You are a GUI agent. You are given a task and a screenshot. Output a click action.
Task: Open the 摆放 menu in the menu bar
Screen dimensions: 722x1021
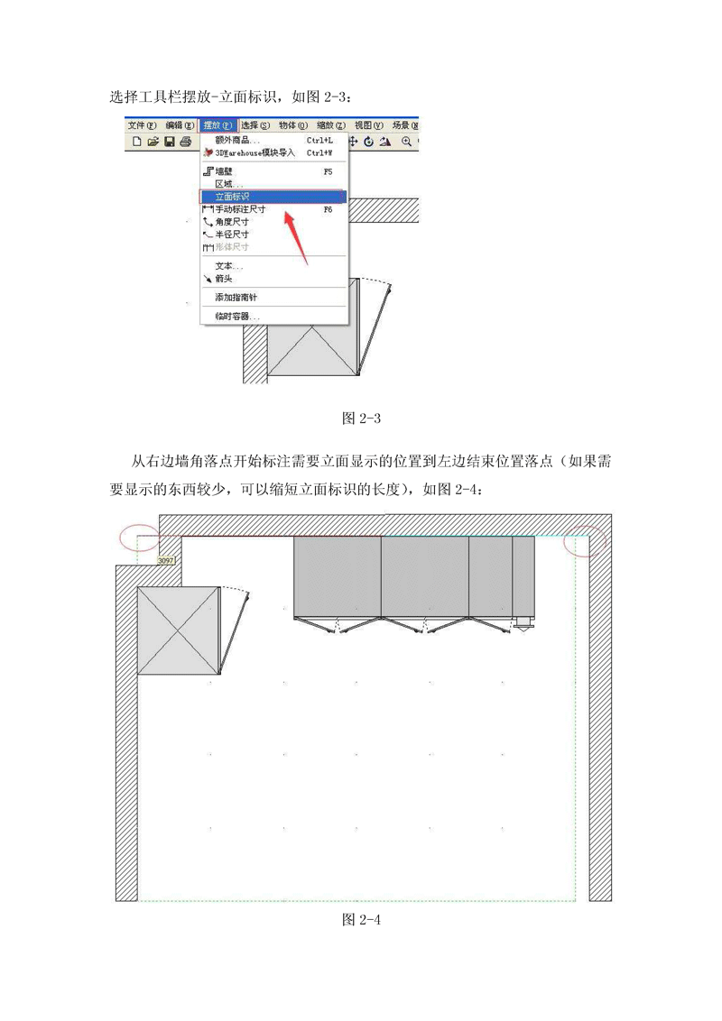218,125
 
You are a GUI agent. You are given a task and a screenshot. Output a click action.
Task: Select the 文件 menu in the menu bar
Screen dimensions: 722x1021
142,125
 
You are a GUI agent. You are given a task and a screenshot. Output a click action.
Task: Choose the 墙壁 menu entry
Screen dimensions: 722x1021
224,171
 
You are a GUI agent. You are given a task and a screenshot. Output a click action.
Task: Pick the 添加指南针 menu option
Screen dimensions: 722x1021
236,297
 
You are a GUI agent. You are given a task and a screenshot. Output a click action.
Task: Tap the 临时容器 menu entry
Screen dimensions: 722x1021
237,317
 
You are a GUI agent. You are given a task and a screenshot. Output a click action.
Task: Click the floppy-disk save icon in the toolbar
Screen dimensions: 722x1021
170,142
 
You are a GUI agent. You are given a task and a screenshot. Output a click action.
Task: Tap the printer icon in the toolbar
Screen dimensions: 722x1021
185,142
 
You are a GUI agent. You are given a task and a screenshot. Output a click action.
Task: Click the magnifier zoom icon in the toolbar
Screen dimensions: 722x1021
407,142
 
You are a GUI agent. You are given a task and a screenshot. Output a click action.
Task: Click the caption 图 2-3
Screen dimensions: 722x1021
361,418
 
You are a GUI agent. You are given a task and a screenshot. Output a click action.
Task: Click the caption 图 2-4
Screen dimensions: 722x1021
361,919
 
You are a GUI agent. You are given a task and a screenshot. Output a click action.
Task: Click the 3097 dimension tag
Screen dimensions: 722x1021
166,560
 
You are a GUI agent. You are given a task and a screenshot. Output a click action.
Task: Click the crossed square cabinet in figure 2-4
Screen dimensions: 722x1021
179,630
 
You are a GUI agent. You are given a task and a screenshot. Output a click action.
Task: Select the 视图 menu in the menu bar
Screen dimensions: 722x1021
368,125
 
